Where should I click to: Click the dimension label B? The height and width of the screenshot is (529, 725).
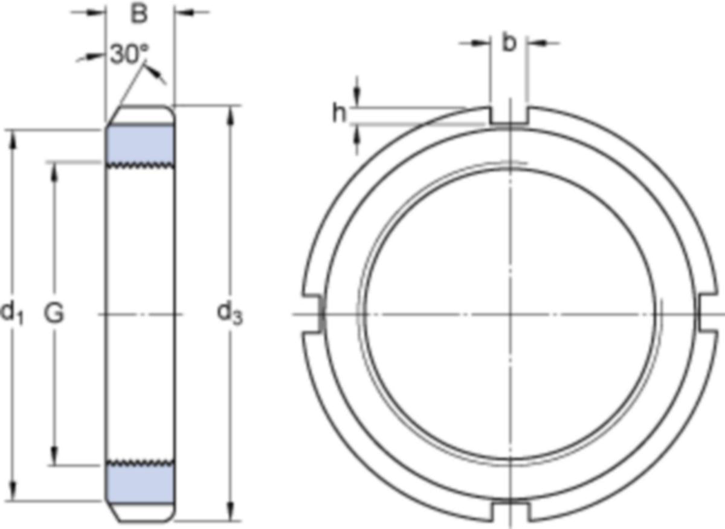(139, 14)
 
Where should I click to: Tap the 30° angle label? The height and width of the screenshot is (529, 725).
(129, 54)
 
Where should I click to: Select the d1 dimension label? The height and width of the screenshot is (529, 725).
(12, 313)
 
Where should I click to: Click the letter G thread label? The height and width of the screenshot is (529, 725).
(54, 313)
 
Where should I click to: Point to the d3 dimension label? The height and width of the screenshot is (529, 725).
(229, 313)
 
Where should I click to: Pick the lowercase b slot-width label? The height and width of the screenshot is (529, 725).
(509, 43)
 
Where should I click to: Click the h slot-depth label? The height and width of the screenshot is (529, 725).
(339, 114)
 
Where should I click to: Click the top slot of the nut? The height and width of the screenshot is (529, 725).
(509, 115)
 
